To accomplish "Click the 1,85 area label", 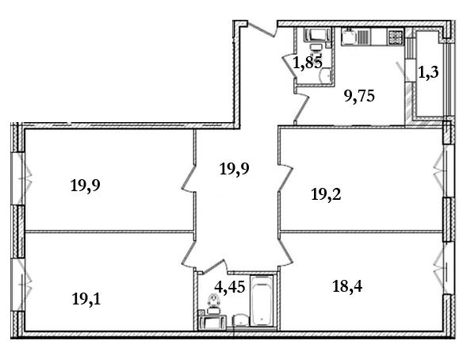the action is click(x=307, y=63).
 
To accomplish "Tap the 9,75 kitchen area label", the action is click(x=359, y=96).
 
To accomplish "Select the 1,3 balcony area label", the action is click(x=428, y=72).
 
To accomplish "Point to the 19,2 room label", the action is click(x=326, y=194).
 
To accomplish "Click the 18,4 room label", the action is click(x=347, y=286).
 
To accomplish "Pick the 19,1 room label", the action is click(x=86, y=299).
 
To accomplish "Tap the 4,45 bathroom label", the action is click(x=230, y=287).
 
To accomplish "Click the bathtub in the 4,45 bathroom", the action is click(x=262, y=301).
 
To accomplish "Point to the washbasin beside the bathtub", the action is click(x=241, y=320).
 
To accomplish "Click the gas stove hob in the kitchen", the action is click(x=396, y=37).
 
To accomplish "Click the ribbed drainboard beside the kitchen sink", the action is click(x=364, y=37).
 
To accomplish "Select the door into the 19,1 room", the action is click(x=189, y=252).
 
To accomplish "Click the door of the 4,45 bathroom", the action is click(x=212, y=266).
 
